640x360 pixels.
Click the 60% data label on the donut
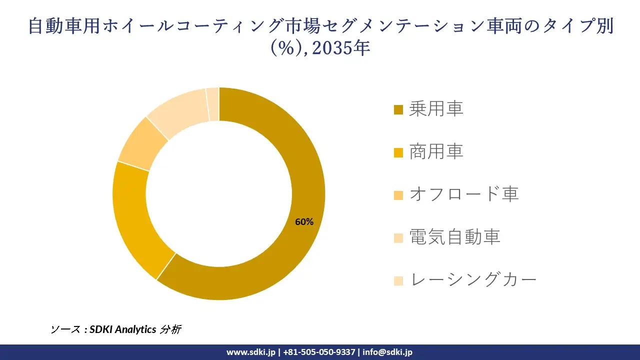304,222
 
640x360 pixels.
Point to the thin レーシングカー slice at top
213,104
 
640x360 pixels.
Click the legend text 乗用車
436,108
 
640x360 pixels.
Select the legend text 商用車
436,151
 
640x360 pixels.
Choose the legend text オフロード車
463,194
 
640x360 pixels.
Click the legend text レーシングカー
472,279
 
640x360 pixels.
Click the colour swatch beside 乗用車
398,109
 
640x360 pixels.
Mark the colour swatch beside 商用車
398,152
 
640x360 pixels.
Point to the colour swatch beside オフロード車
398,195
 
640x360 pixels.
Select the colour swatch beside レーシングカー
398,280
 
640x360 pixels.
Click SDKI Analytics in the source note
122,329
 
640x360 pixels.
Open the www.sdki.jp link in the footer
251,352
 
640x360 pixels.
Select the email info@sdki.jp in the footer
387,352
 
